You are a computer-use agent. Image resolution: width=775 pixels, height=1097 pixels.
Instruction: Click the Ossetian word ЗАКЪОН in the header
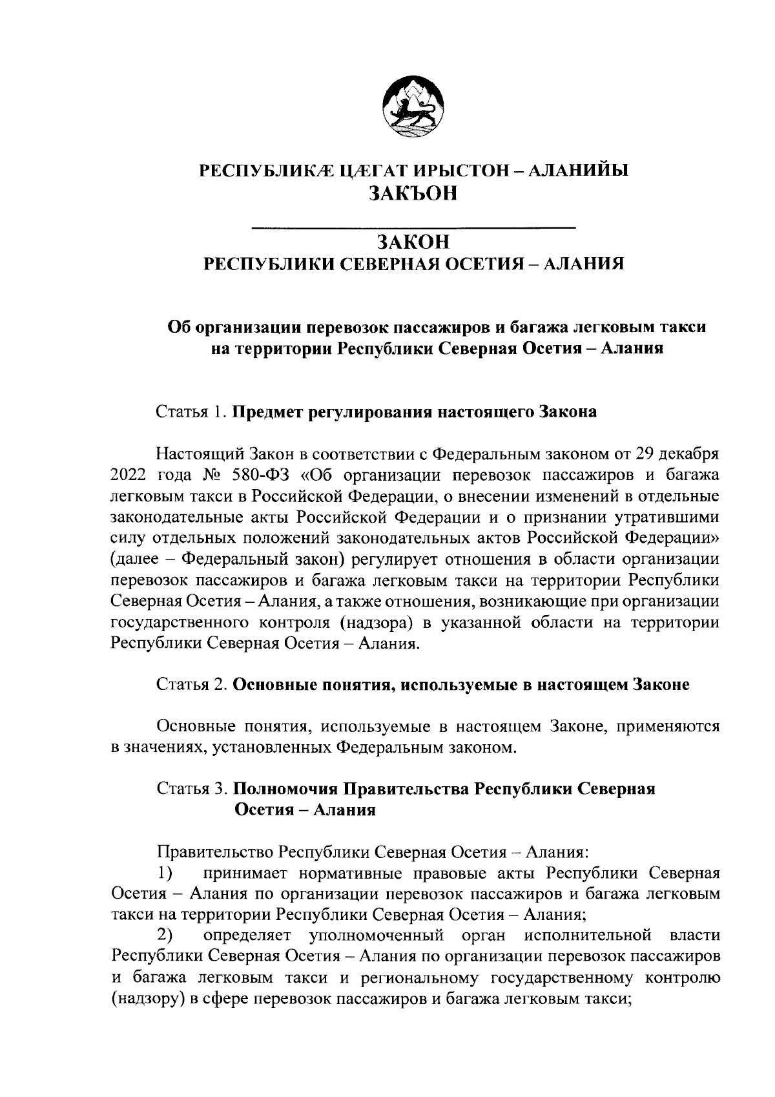(413, 193)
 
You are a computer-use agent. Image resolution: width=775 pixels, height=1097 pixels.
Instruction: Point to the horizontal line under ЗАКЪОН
(413, 227)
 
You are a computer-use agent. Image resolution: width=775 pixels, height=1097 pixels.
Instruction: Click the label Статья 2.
(192, 685)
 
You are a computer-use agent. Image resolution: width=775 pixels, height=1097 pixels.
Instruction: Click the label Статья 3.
(192, 789)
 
